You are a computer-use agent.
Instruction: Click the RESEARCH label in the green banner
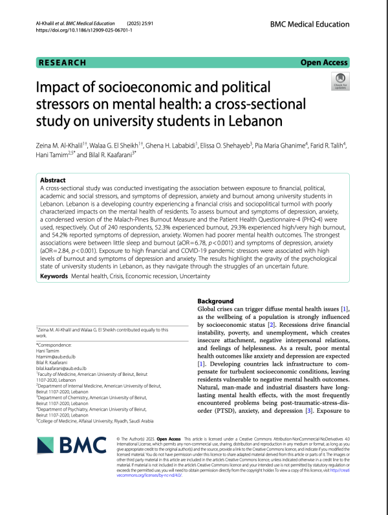pyautogui.click(x=63, y=63)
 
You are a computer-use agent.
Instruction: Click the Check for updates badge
pyautogui.click(x=339, y=83)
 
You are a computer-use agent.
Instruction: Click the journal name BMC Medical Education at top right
pyautogui.click(x=310, y=23)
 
